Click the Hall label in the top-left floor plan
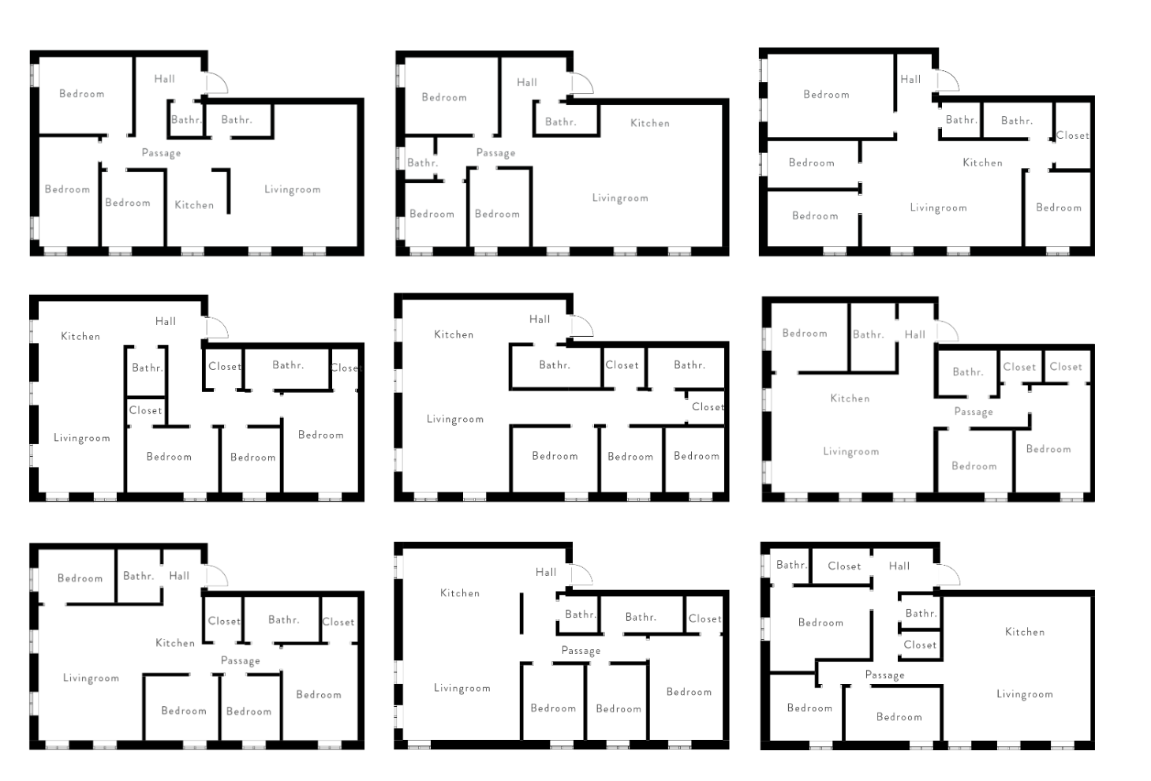click(165, 79)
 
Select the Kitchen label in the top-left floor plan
click(194, 205)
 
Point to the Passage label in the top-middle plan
click(495, 153)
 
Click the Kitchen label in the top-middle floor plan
click(650, 123)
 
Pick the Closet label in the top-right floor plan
click(1072, 136)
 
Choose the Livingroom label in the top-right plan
click(938, 208)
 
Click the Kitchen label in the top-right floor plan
click(982, 163)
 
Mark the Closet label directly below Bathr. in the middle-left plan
click(146, 410)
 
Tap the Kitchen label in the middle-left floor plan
click(80, 336)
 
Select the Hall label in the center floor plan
click(540, 319)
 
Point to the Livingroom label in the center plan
click(455, 419)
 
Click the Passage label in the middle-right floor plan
click(973, 412)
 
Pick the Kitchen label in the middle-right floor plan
click(850, 398)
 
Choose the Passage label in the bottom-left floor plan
click(241, 661)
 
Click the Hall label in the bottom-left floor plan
click(179, 576)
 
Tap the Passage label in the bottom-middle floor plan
click(581, 651)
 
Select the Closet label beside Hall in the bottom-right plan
click(844, 566)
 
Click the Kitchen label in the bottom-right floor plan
click(1025, 632)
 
